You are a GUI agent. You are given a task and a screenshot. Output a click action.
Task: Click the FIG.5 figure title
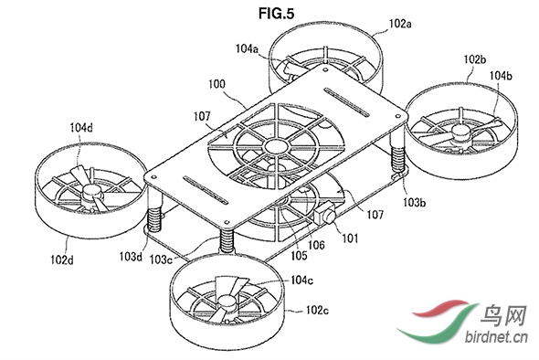(x=277, y=14)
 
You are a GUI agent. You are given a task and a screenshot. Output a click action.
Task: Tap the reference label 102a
(x=400, y=24)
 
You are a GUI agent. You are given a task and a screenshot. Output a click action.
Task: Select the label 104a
(x=247, y=48)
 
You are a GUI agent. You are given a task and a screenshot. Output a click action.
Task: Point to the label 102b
(x=475, y=59)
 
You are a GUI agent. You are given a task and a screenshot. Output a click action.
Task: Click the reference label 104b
(x=501, y=75)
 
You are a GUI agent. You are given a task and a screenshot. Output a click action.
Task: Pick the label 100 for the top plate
(x=217, y=84)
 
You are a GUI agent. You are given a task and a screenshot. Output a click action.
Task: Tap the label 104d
(x=81, y=128)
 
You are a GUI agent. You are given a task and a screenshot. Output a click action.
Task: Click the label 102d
(x=62, y=259)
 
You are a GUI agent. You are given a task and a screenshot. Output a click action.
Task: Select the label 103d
(x=131, y=256)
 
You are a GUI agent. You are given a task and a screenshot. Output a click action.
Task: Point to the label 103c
(x=161, y=259)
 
